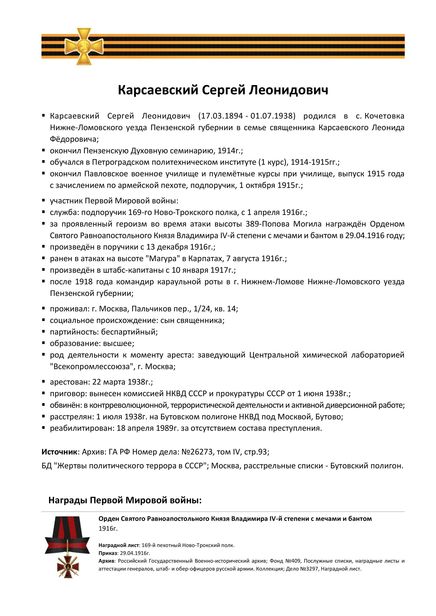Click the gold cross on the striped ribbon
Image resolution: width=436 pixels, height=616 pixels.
[84, 46]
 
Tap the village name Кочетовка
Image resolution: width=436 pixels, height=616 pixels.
[384, 116]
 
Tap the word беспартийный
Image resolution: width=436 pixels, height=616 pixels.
[129, 332]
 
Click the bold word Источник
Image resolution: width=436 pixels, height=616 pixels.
[59, 452]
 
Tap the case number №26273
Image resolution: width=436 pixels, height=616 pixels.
[197, 452]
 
